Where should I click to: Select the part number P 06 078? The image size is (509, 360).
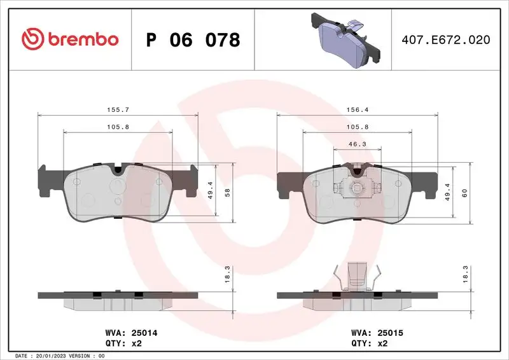[x=193, y=40]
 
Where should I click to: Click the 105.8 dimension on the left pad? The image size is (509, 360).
[x=118, y=127]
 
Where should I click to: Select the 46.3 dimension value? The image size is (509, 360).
[x=357, y=144]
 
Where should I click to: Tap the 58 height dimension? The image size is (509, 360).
[x=228, y=193]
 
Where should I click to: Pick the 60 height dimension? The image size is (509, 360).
[x=465, y=193]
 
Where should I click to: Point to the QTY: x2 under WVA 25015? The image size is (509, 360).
[x=369, y=343]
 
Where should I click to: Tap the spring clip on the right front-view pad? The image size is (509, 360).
[x=357, y=188]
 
